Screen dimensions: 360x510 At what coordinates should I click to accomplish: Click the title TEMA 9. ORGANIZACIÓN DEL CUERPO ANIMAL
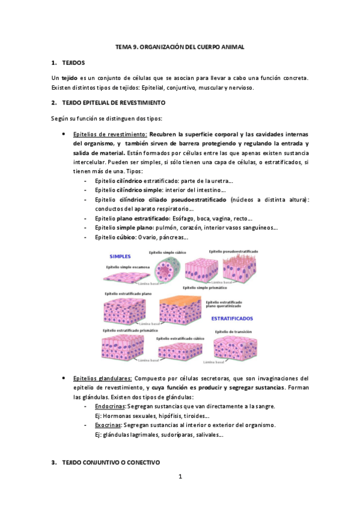tap(180, 46)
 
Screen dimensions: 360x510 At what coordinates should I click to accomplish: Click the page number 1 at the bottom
tap(180, 477)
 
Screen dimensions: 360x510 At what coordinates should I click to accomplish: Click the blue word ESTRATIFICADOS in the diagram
tap(232, 318)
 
